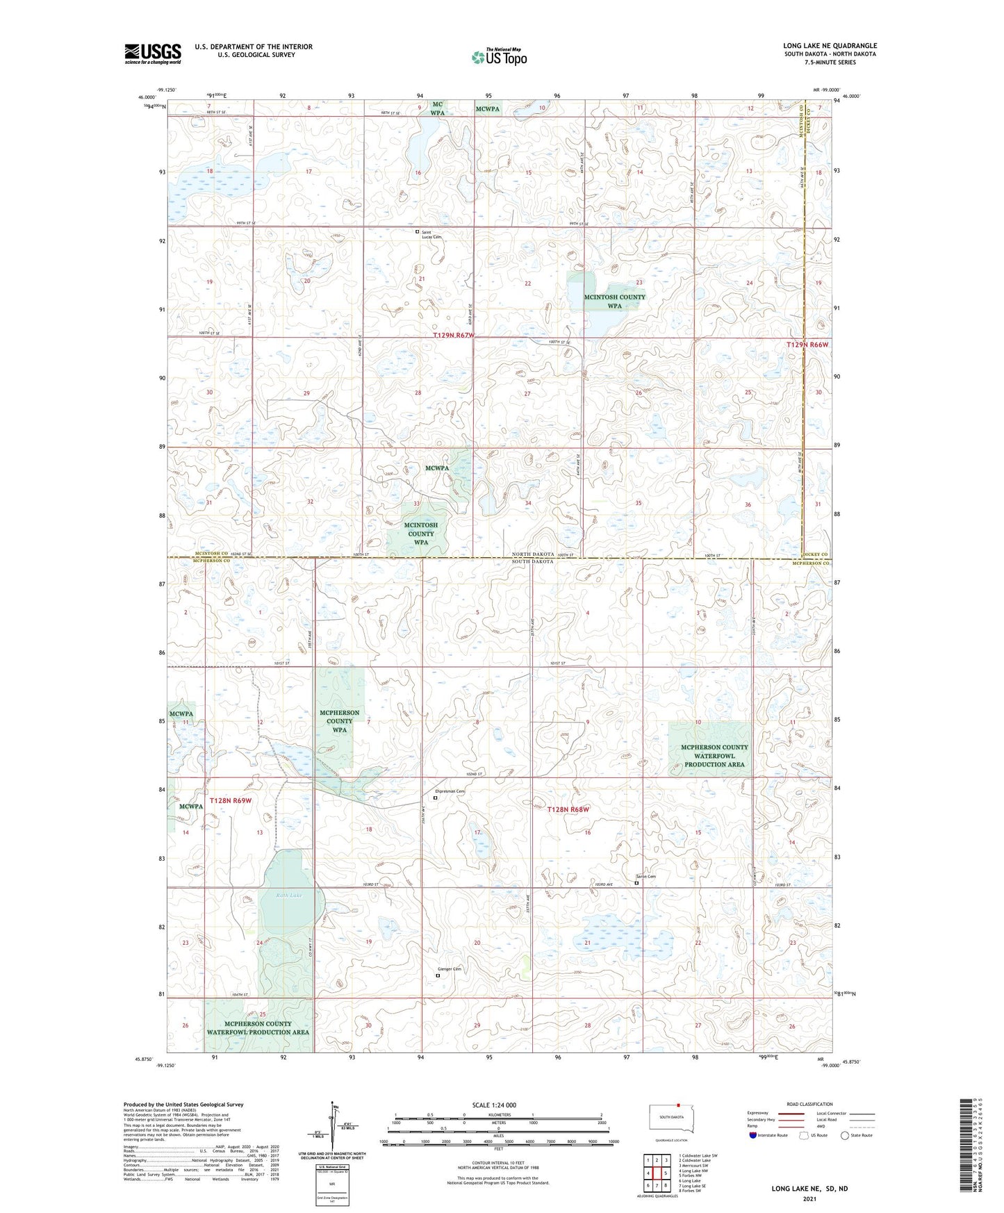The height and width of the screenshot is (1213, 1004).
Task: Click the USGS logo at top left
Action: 152,53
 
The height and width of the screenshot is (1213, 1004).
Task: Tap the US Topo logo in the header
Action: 499,57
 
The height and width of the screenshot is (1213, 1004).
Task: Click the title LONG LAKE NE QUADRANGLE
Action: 830,46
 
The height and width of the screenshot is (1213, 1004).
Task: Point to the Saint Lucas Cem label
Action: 431,234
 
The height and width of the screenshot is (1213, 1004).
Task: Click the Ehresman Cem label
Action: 450,791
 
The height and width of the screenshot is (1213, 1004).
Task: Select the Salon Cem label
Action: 646,877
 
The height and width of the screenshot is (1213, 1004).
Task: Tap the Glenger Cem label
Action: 450,969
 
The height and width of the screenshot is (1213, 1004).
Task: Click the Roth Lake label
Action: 289,896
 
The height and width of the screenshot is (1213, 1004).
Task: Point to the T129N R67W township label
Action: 453,336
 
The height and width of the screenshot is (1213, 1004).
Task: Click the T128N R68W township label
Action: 568,809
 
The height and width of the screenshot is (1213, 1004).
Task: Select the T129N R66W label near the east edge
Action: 807,345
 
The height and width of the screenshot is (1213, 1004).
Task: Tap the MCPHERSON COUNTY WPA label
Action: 339,721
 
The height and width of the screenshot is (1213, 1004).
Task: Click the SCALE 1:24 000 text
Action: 494,1105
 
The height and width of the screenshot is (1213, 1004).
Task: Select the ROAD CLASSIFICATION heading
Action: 809,1104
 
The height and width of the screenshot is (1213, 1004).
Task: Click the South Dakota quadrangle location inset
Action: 670,1118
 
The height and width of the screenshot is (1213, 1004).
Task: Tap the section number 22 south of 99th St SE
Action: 528,283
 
